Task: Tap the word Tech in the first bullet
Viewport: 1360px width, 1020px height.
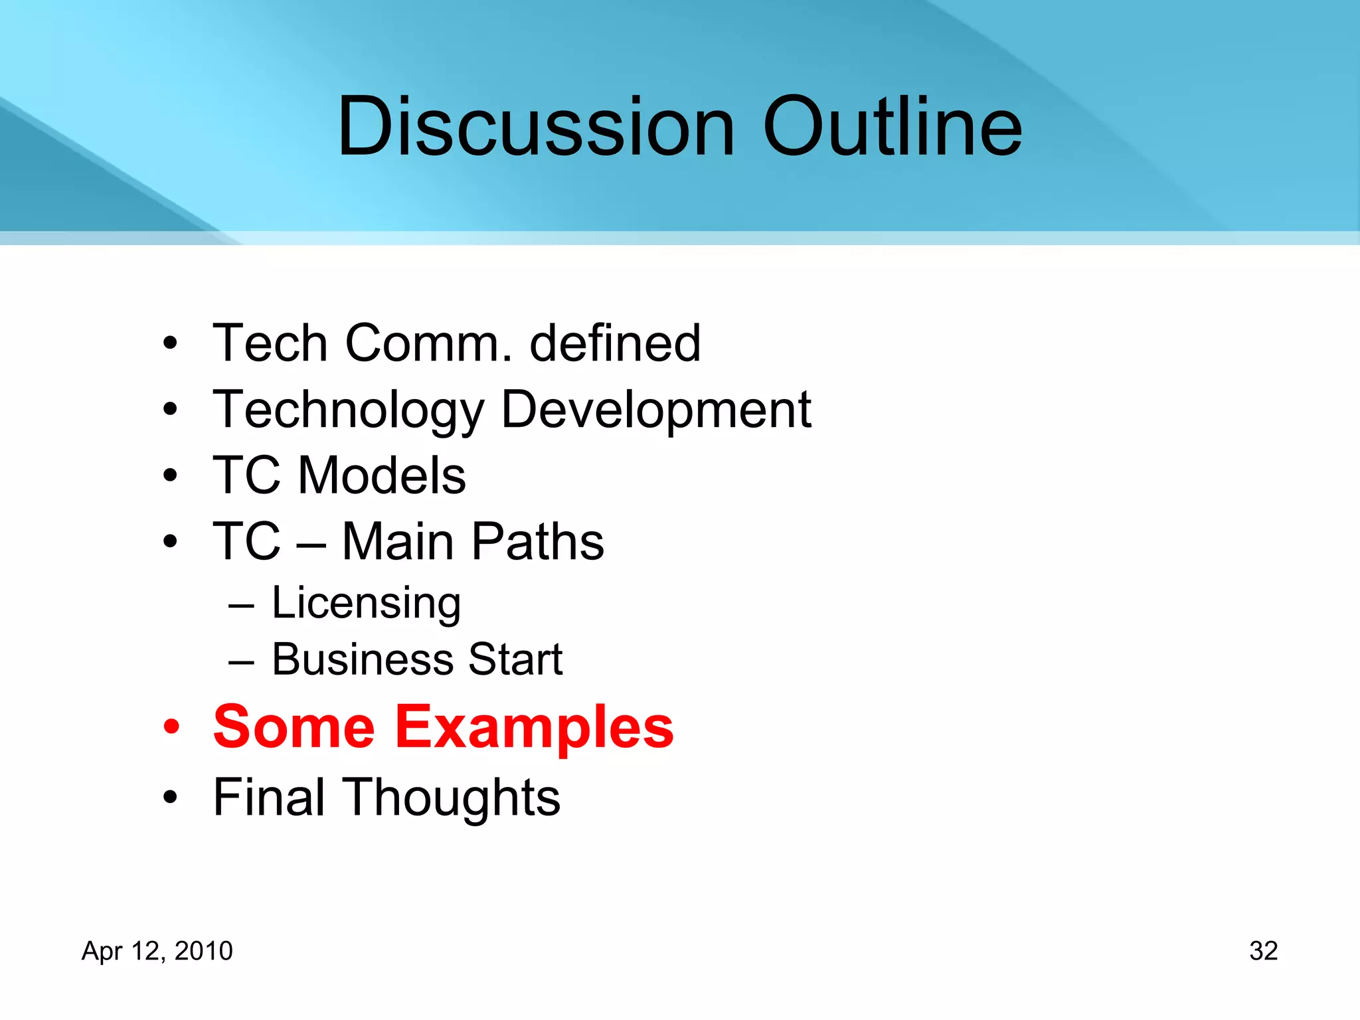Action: click(270, 343)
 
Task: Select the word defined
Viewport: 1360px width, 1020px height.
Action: click(615, 343)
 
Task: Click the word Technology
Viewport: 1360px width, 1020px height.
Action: click(349, 410)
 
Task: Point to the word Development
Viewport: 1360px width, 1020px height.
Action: click(656, 410)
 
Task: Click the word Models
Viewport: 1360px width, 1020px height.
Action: click(382, 475)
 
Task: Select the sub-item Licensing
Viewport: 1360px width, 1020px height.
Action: click(366, 603)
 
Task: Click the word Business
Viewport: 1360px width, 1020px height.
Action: click(362, 659)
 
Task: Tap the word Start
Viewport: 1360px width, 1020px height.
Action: click(515, 659)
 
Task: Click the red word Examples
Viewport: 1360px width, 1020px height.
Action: click(535, 727)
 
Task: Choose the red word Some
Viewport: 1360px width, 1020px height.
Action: click(294, 727)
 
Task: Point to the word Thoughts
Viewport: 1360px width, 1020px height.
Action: click(454, 797)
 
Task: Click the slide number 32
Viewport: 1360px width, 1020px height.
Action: click(1263, 951)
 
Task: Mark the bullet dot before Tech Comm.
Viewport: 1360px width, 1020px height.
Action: click(171, 344)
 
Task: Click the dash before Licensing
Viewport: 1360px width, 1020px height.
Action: click(241, 606)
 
